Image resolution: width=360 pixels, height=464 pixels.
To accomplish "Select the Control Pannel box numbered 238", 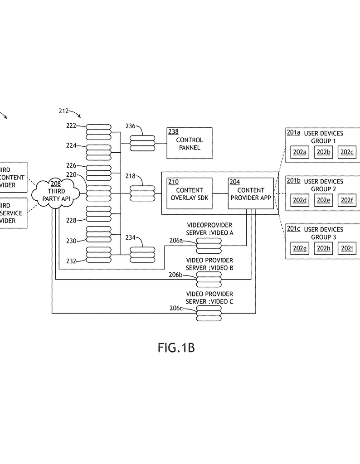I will click(189, 143).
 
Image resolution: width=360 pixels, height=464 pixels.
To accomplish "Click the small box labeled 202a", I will click(300, 152).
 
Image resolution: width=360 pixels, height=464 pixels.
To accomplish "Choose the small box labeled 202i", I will click(347, 248).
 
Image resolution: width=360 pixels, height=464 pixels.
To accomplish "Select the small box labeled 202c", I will click(347, 152).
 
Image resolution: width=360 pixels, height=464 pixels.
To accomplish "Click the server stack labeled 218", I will click(142, 193).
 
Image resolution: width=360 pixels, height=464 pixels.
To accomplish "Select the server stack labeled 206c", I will click(209, 313).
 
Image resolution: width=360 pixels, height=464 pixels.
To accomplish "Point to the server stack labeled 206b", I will click(209, 279).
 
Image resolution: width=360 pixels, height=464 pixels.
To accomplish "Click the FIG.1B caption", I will click(176, 348).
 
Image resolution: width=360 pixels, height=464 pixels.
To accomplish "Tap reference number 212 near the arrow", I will click(63, 111).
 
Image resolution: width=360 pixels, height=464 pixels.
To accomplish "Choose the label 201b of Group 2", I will click(293, 181).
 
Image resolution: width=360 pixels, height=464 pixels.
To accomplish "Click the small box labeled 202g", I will click(300, 248).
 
